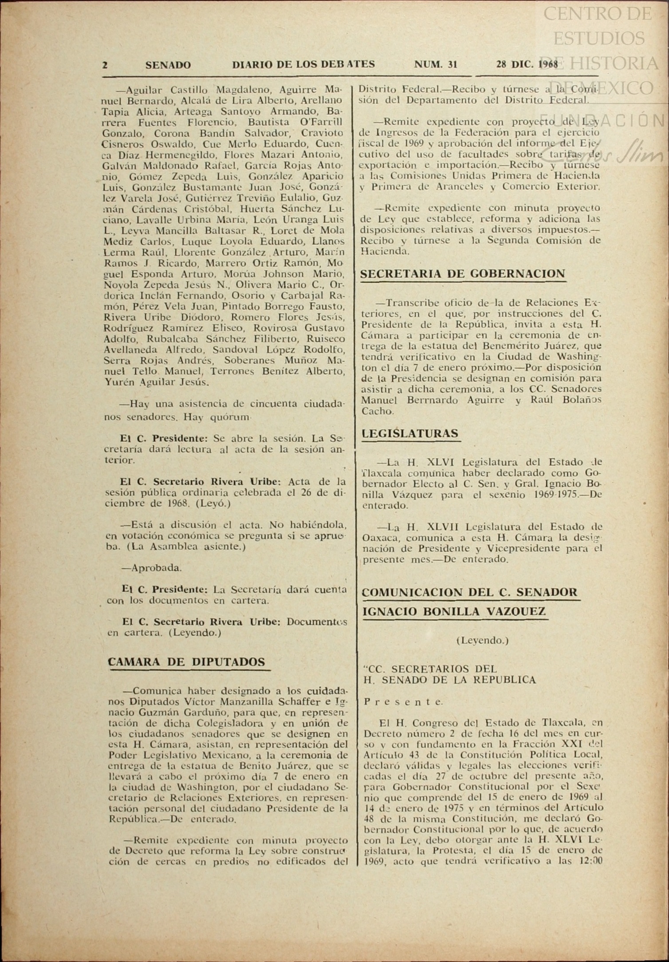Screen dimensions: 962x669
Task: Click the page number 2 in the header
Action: tap(105, 65)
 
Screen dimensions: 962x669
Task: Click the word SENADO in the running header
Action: tap(168, 65)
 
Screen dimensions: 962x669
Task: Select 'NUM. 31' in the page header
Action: tap(435, 64)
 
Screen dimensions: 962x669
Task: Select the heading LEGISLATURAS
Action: tap(410, 433)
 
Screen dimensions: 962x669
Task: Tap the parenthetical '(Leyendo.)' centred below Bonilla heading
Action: tap(482, 640)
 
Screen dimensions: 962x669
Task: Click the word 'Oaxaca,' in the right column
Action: tap(379, 538)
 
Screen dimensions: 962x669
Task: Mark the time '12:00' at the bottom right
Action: tap(587, 862)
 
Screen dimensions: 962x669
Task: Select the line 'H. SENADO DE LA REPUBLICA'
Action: tap(449, 680)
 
